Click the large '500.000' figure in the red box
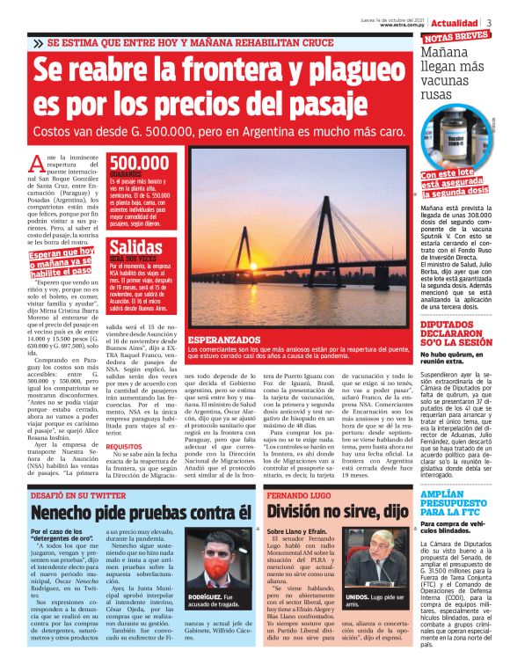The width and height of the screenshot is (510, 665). coord(139,164)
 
